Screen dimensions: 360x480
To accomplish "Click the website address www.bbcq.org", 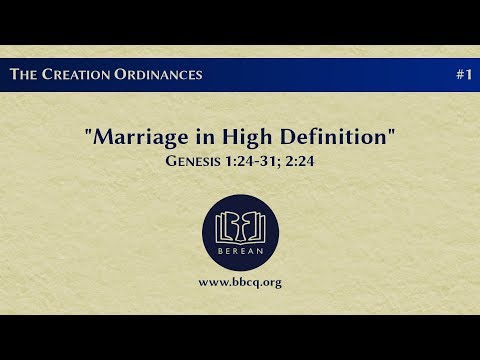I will [240, 282].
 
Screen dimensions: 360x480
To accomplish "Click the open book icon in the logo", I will [240, 228].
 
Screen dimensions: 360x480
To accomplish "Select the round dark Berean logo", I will [240, 233].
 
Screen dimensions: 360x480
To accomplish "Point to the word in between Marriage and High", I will [206, 137].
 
